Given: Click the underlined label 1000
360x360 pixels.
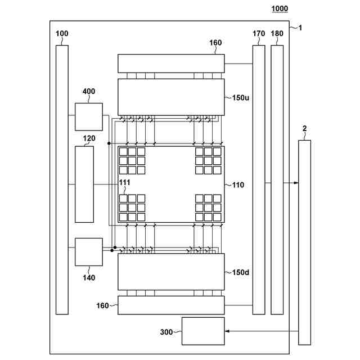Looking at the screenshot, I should pos(280,8).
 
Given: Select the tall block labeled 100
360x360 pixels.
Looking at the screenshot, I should pos(62,179).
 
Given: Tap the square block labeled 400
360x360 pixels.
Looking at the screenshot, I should pos(89,117).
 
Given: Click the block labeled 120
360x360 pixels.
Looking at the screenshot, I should pos(84,184).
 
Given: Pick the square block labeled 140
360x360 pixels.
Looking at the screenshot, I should pos(89,251).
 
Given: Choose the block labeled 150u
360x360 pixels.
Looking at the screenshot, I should pos(171,97).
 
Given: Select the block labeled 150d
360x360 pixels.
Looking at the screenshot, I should pos(171,272).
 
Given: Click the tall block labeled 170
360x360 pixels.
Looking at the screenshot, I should pos(259,179).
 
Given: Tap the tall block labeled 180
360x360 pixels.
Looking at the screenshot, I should pos(277,179).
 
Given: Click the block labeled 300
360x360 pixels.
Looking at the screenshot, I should pos(203,331).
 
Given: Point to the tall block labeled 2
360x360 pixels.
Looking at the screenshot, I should pos(304,242).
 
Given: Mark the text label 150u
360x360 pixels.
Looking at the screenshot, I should pos(241,97).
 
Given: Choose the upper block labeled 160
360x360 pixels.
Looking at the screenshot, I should pos(171,63).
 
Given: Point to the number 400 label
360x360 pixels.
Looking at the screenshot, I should pos(89,91).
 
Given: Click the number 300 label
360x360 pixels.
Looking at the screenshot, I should pos(166,332).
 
